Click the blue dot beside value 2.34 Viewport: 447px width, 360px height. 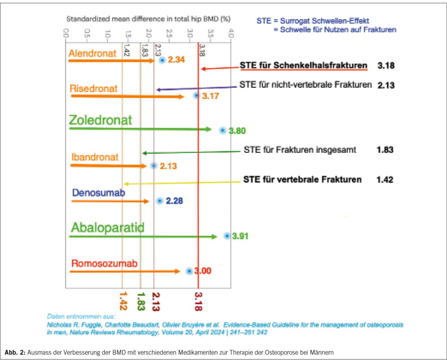(x=162, y=60)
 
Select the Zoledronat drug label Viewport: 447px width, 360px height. (x=100, y=120)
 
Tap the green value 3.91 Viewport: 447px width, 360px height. (x=241, y=236)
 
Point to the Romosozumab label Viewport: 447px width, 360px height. (x=104, y=264)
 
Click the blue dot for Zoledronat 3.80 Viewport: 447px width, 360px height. (x=223, y=130)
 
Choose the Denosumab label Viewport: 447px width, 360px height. (x=98, y=193)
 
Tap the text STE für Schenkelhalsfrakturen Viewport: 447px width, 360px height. (x=303, y=65)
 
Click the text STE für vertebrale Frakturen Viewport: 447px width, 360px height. (x=302, y=179)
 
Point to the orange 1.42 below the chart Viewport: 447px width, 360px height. (x=124, y=301)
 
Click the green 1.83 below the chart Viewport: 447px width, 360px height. (x=140, y=301)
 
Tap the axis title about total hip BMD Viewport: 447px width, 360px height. (x=148, y=19)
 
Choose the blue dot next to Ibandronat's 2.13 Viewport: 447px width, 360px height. (x=153, y=166)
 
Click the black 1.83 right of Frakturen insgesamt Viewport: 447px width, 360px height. (x=385, y=150)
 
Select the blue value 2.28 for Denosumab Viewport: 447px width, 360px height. (x=174, y=201)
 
